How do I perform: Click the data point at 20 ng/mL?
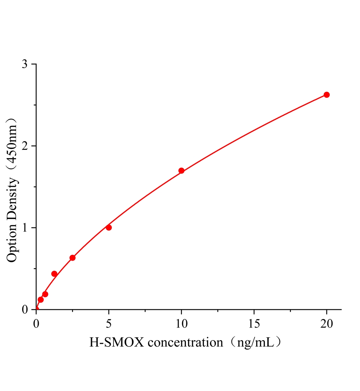(326, 95)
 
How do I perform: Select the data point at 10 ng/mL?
(181, 171)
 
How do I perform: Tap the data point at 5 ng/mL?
(109, 227)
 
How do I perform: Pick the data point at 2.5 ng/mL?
(72, 258)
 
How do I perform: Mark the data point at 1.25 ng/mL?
(54, 274)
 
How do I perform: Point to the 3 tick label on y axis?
(25, 65)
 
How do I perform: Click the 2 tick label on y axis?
(25, 146)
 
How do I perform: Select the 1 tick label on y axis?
(25, 228)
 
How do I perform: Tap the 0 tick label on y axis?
(25, 309)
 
